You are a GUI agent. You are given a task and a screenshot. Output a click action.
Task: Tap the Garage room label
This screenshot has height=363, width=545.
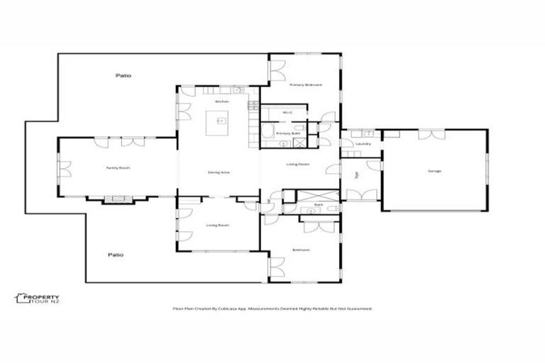point(434,171)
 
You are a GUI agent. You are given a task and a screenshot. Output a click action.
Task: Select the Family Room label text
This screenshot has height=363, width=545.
point(118,168)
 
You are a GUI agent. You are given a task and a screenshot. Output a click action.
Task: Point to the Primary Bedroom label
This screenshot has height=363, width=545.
point(305,84)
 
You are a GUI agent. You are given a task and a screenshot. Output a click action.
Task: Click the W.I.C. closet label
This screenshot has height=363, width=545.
point(287,112)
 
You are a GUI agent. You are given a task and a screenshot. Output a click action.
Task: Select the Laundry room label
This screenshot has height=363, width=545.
point(364,144)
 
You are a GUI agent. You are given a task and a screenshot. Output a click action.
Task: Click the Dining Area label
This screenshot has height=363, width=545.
point(218,172)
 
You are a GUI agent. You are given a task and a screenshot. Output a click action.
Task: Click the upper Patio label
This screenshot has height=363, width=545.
point(124,75)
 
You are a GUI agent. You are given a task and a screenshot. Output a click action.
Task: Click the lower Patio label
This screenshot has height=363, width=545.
point(116,255)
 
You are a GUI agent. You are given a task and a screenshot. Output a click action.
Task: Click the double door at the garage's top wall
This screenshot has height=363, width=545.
point(433,134)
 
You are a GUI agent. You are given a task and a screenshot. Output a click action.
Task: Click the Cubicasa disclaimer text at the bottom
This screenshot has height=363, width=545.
point(272,308)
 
